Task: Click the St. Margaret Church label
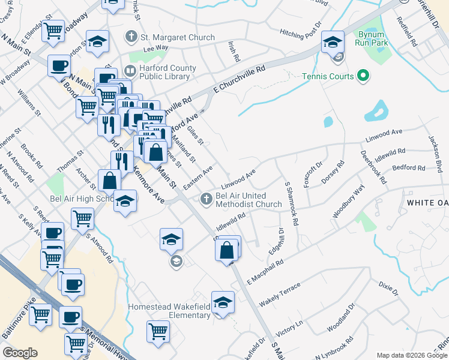coord(177,37)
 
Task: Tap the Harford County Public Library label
coord(164,72)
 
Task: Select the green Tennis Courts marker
coord(363,76)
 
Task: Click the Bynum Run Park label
coord(370,38)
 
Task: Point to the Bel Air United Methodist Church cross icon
coord(206,197)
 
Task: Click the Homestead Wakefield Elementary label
coord(169,311)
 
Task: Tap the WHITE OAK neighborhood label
coord(427,203)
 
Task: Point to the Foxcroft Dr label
coord(313,174)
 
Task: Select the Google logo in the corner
coord(20,352)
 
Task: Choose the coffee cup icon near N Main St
coord(59,65)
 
